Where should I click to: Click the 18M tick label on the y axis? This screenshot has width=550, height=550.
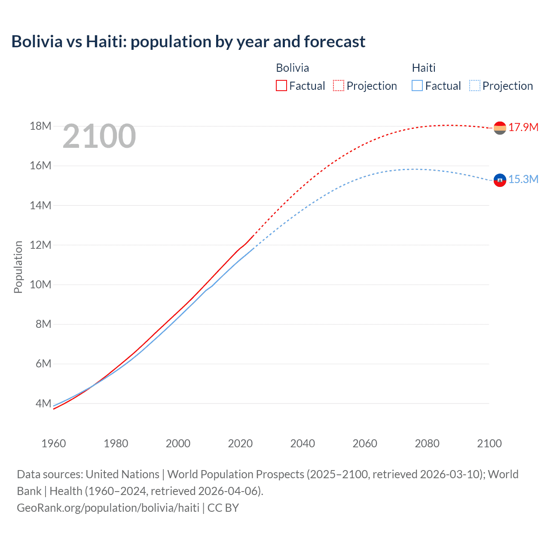click(x=40, y=126)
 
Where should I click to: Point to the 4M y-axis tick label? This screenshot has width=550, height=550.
click(x=43, y=403)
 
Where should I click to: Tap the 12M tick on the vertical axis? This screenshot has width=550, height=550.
click(x=40, y=245)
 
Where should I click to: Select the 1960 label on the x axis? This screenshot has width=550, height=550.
click(x=54, y=443)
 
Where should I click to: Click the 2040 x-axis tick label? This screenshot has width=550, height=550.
click(x=302, y=443)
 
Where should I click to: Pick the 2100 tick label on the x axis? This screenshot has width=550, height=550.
click(x=489, y=443)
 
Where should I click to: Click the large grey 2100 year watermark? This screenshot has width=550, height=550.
click(x=99, y=136)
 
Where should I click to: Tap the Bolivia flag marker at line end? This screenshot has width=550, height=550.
click(x=500, y=128)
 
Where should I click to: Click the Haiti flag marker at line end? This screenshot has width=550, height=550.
click(x=500, y=180)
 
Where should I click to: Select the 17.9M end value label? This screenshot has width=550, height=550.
click(x=523, y=127)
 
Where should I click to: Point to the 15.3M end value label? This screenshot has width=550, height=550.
click(x=523, y=180)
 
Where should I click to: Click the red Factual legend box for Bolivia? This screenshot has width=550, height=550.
click(x=281, y=86)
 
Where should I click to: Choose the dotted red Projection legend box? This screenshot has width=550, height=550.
click(x=339, y=86)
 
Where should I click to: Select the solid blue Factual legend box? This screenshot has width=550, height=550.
click(x=417, y=86)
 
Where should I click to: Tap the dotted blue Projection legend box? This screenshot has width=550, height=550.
click(x=475, y=86)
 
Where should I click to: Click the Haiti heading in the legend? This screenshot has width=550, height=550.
click(x=424, y=68)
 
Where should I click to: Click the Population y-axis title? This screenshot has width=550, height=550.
click(x=18, y=267)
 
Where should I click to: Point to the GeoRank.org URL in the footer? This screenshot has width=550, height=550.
click(x=108, y=508)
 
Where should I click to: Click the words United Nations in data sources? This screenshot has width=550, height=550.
click(x=122, y=474)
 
